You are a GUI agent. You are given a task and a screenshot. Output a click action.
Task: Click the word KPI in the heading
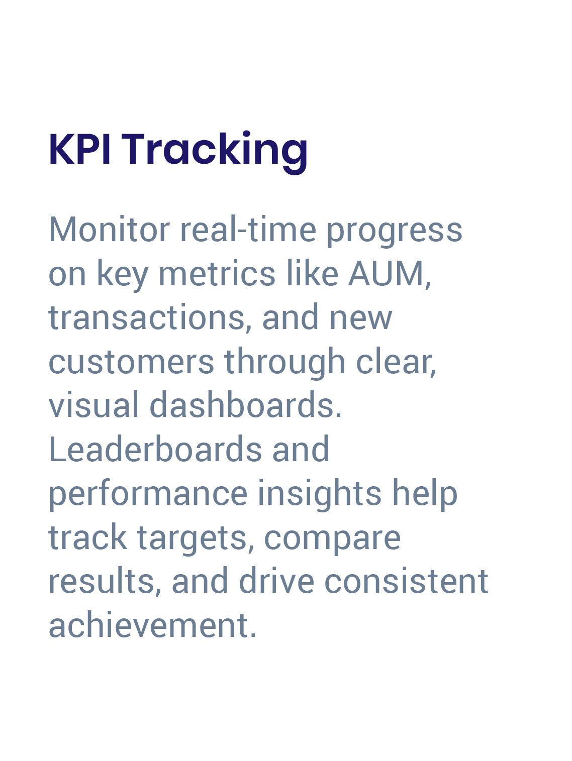tap(79, 149)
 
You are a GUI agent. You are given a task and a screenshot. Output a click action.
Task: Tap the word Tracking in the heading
tap(215, 150)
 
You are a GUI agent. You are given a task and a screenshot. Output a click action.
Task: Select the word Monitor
tap(109, 230)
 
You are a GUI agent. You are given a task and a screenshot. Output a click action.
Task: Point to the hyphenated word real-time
tap(248, 230)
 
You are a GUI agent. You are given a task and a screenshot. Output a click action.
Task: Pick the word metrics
tap(217, 274)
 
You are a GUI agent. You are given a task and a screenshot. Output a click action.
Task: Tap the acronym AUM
tap(387, 274)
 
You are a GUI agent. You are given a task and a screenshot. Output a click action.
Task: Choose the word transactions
tap(147, 318)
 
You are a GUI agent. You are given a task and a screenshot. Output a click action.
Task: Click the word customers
tap(131, 362)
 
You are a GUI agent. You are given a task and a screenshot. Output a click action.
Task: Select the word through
tap(285, 362)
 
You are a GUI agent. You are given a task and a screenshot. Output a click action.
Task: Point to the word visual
tap(93, 405)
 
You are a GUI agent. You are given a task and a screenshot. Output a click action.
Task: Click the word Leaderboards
tap(155, 449)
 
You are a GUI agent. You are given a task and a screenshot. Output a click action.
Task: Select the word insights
tap(320, 493)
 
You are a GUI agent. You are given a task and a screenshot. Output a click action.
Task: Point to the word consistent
tap(406, 582)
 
